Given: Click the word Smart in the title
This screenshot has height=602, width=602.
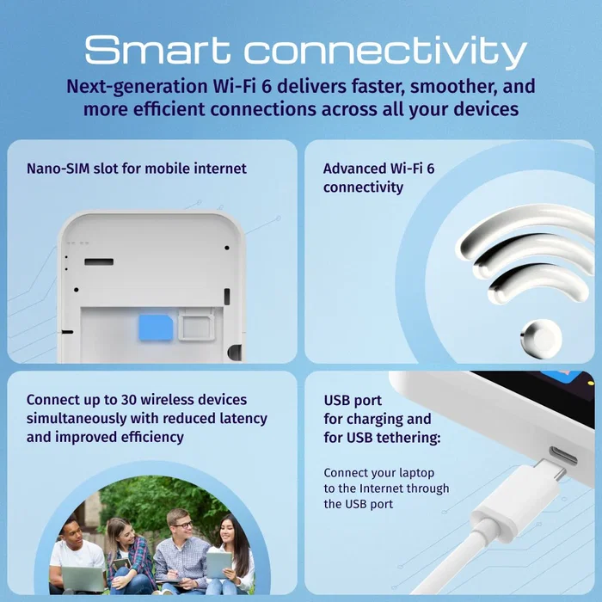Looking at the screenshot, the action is (157, 49).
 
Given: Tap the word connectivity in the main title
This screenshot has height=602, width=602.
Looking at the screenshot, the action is (385, 52).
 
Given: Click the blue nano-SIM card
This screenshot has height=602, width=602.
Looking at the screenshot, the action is (156, 328).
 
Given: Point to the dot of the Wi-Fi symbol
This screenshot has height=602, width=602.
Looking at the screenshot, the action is (541, 339).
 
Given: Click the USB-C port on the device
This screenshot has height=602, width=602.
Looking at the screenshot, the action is (563, 456).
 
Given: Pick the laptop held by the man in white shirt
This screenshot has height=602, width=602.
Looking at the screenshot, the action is (83, 579).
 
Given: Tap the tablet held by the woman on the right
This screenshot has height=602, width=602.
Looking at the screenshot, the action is (218, 564).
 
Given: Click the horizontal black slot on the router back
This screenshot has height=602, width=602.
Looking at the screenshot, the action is (99, 261).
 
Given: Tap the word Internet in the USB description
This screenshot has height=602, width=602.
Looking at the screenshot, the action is (381, 488).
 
